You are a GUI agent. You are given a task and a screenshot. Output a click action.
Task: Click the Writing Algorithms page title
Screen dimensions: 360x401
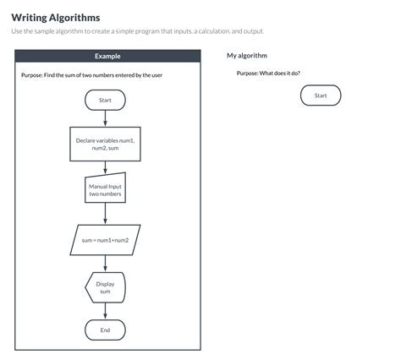pyautogui.click(x=55, y=17)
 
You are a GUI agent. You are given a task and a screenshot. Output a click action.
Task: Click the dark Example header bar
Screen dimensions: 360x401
pyautogui.click(x=107, y=56)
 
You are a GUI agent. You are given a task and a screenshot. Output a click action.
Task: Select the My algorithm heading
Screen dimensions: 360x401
pyautogui.click(x=247, y=56)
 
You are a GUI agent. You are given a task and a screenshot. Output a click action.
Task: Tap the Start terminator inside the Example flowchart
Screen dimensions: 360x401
pyautogui.click(x=105, y=100)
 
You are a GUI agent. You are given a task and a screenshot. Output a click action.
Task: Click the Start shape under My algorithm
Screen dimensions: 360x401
pyautogui.click(x=321, y=95)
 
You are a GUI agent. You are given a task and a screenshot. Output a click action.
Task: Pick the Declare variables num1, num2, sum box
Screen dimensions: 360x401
pyautogui.click(x=105, y=145)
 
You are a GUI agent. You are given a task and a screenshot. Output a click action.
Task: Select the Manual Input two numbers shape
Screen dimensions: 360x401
pyautogui.click(x=105, y=190)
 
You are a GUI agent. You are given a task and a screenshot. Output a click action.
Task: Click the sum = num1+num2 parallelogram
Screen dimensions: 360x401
pyautogui.click(x=105, y=239)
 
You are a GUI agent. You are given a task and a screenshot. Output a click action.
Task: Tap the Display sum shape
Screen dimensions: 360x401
pyautogui.click(x=105, y=287)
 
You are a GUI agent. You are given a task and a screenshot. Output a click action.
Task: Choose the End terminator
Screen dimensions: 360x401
pyautogui.click(x=105, y=330)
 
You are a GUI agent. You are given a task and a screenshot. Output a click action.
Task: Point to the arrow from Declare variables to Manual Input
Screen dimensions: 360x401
pyautogui.click(x=105, y=167)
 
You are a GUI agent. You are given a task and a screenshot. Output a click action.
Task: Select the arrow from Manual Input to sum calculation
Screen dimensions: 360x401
pyautogui.click(x=105, y=214)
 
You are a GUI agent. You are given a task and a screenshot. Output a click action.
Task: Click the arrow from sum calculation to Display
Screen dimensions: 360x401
pyautogui.click(x=105, y=262)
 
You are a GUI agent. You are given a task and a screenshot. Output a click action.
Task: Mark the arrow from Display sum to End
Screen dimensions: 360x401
pyautogui.click(x=105, y=311)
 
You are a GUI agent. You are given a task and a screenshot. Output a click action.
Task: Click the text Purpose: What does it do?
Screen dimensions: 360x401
pyautogui.click(x=268, y=74)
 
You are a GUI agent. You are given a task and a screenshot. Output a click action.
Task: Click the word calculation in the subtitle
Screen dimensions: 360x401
pyautogui.click(x=213, y=31)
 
